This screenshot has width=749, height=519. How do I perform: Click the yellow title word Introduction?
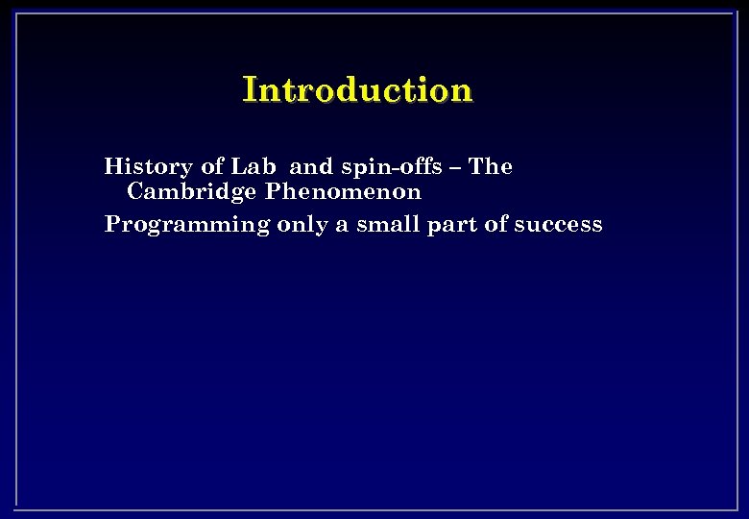(357, 90)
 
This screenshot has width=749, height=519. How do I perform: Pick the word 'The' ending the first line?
(492, 166)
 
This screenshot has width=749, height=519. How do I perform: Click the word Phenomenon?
(344, 191)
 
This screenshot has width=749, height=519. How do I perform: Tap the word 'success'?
(559, 225)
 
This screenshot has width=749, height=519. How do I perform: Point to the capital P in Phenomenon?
(274, 191)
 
